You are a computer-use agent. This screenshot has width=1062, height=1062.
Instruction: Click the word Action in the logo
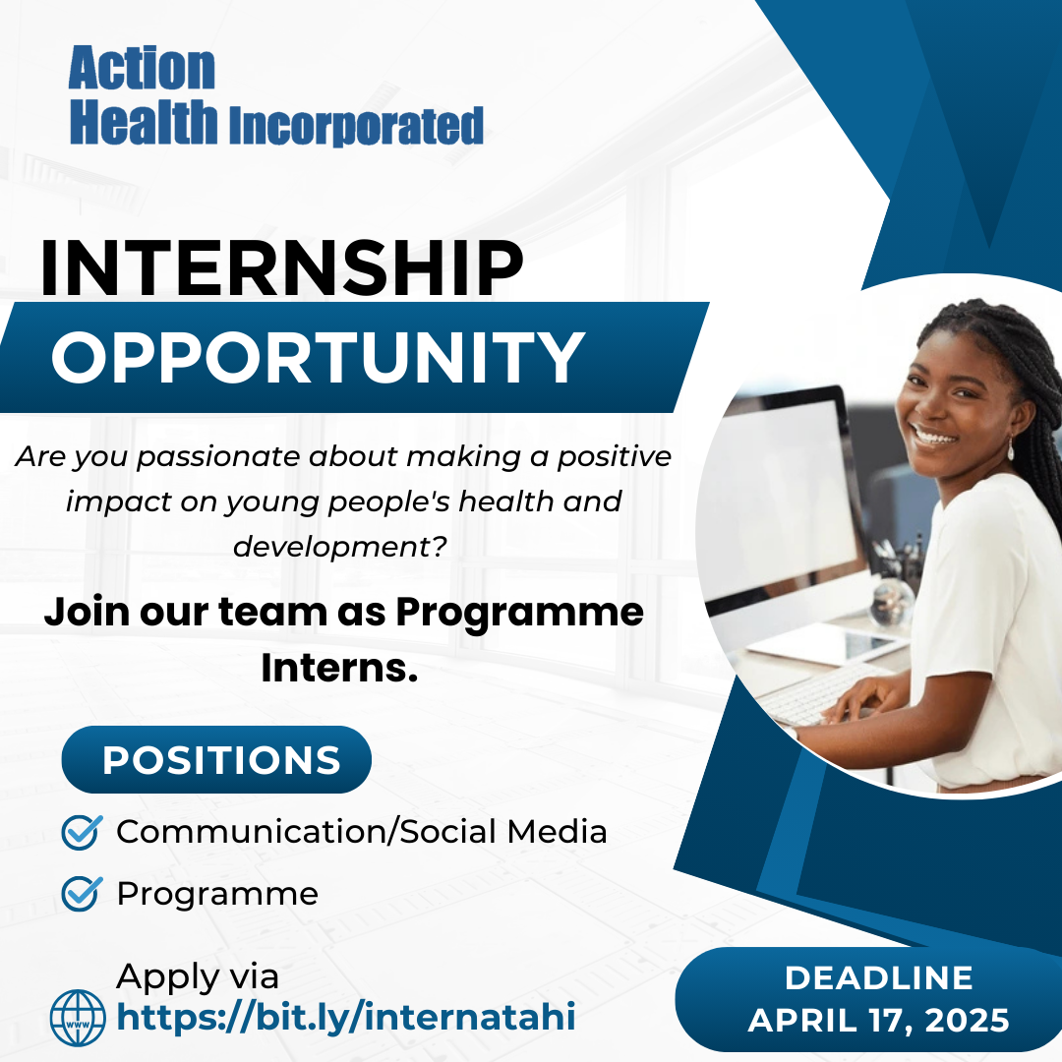point(142,69)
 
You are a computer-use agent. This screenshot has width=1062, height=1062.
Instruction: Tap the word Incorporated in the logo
point(356,125)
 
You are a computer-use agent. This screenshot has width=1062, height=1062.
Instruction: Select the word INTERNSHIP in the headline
point(282,267)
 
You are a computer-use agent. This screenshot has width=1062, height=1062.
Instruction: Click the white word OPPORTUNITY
point(319,358)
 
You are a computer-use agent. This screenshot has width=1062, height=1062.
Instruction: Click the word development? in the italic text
point(340,547)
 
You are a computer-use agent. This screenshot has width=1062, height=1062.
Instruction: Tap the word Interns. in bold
point(339,668)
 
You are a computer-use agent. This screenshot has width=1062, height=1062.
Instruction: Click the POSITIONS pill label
point(216,759)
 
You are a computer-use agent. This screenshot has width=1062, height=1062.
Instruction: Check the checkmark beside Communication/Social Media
point(82,832)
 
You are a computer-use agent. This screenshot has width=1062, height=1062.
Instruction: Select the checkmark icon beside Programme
point(82,893)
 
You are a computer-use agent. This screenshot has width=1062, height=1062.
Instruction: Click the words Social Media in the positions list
point(503,831)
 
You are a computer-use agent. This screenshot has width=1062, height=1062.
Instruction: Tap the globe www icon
point(78,1018)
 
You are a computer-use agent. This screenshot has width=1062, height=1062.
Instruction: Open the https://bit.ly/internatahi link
point(346,1018)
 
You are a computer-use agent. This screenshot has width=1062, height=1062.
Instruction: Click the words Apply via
point(197,977)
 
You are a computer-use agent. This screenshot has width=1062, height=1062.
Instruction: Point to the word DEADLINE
point(878,978)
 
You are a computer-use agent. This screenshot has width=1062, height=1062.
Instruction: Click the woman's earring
point(1011,449)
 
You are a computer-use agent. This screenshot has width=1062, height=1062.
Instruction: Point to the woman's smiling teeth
point(934,437)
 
